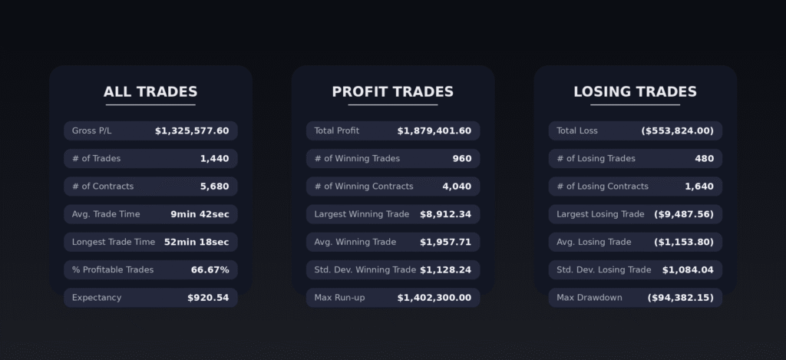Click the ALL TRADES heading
150,92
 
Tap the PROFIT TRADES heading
392,92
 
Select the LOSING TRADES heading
635,92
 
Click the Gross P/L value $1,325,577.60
192,131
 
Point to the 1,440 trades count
214,159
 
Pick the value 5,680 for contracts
214,187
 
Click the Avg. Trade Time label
106,214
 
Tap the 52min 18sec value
196,242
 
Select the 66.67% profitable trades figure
210,270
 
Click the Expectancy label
97,298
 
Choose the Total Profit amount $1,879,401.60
434,131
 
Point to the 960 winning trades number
462,159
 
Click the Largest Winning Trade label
362,214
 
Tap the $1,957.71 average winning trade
445,242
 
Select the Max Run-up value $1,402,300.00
434,298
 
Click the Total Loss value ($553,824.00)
677,131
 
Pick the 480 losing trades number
704,159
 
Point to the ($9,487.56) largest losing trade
683,214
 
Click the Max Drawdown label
589,298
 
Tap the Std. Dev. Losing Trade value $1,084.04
688,270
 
